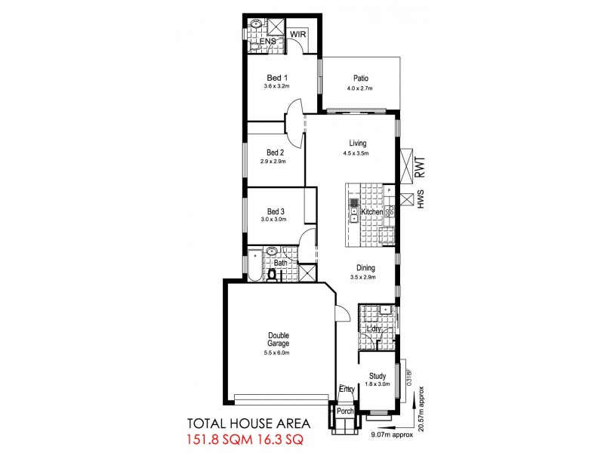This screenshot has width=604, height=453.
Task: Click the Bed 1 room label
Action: (278, 78)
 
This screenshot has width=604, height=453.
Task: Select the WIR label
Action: (298, 35)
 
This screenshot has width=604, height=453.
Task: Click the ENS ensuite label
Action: (267, 41)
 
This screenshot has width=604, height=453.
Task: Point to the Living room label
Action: (358, 143)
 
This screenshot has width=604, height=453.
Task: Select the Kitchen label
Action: (372, 212)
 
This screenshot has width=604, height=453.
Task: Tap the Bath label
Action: (281, 263)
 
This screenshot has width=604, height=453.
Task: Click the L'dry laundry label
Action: (373, 328)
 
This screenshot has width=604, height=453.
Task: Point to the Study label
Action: (377, 376)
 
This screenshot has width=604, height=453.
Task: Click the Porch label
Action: (345, 411)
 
